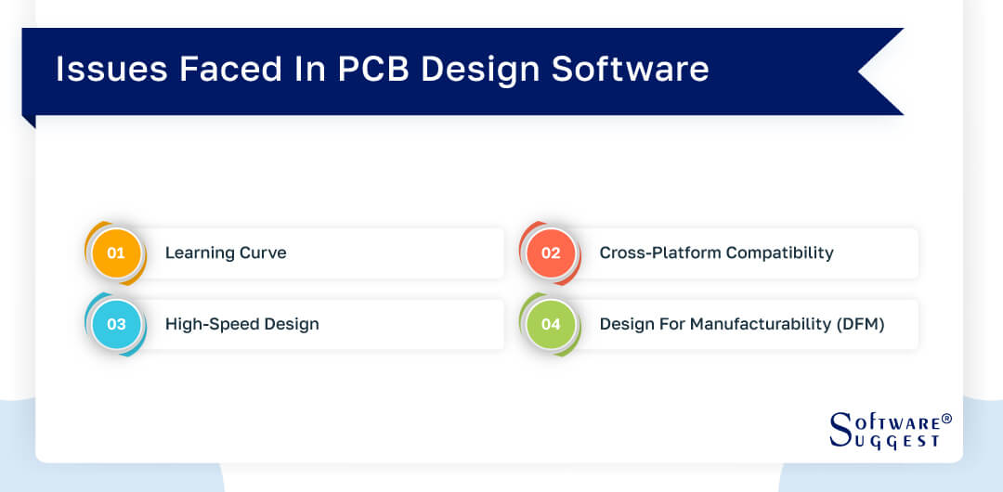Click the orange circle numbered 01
click(116, 252)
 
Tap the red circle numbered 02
click(551, 252)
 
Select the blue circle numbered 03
click(116, 324)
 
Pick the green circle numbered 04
click(551, 324)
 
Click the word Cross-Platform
click(658, 252)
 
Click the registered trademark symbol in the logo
click(946, 419)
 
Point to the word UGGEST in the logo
click(898, 442)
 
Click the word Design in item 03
click(289, 324)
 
